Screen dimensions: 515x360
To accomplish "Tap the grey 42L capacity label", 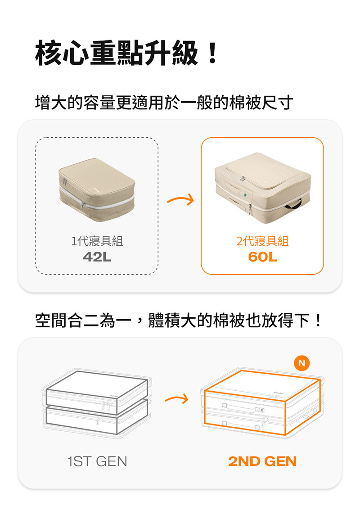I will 97,257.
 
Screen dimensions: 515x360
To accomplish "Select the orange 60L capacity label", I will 262,257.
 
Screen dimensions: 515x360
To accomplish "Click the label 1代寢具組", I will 97,241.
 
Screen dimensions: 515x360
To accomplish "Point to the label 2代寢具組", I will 262,241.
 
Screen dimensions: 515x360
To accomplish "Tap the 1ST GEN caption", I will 97,461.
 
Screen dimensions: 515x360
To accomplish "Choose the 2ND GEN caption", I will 262,461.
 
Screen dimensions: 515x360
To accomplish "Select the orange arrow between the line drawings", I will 176,398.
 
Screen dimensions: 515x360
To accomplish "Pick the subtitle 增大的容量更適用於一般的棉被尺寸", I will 164,103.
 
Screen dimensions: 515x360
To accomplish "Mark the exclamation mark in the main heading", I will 213,53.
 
